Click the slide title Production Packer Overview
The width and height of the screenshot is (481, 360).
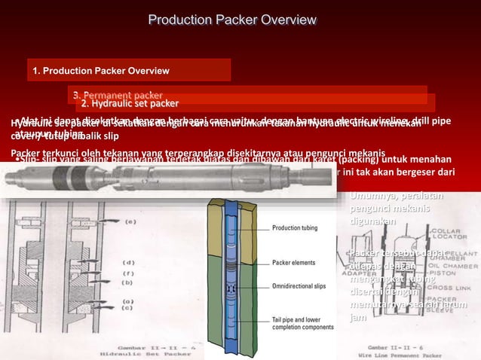[x=231, y=19]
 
